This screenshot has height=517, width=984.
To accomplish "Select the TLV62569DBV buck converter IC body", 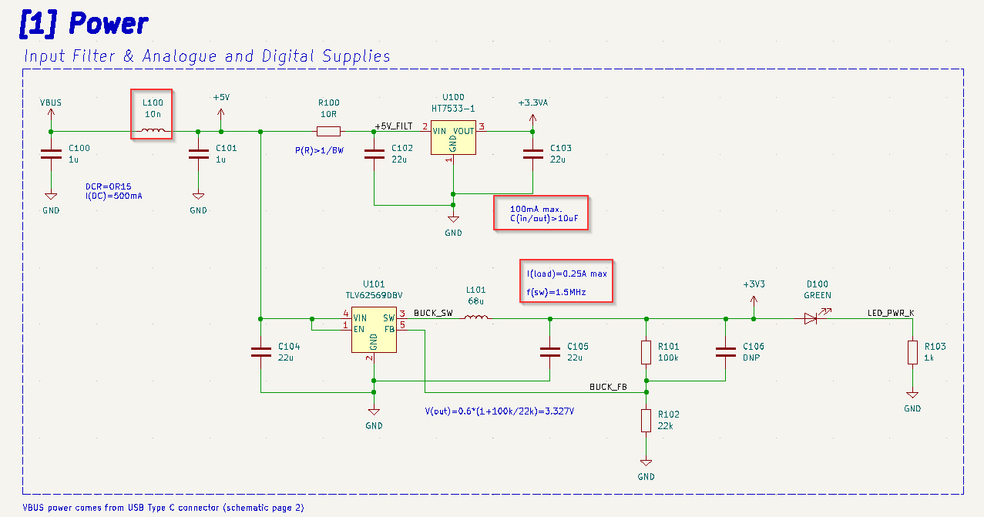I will [x=374, y=330].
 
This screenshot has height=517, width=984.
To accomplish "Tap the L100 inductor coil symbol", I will [x=152, y=130].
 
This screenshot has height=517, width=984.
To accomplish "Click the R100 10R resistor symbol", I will [x=328, y=131].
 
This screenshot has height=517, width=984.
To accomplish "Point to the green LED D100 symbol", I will [x=811, y=318].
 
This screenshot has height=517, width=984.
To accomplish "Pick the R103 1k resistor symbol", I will [x=912, y=352].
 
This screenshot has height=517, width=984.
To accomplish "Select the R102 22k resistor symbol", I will [x=646, y=421].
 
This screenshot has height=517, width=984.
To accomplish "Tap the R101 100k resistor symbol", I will [x=646, y=352].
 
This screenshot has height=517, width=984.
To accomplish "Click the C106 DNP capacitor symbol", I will [x=725, y=352].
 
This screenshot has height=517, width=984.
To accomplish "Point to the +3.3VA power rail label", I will [x=532, y=102].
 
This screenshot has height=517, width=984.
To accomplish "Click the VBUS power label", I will [x=51, y=102].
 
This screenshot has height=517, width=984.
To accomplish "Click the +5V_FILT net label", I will [x=394, y=126].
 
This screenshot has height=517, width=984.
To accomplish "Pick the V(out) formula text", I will [x=499, y=411].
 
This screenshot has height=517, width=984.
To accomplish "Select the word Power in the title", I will [x=108, y=23].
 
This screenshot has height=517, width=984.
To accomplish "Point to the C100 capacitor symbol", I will [x=51, y=154].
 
